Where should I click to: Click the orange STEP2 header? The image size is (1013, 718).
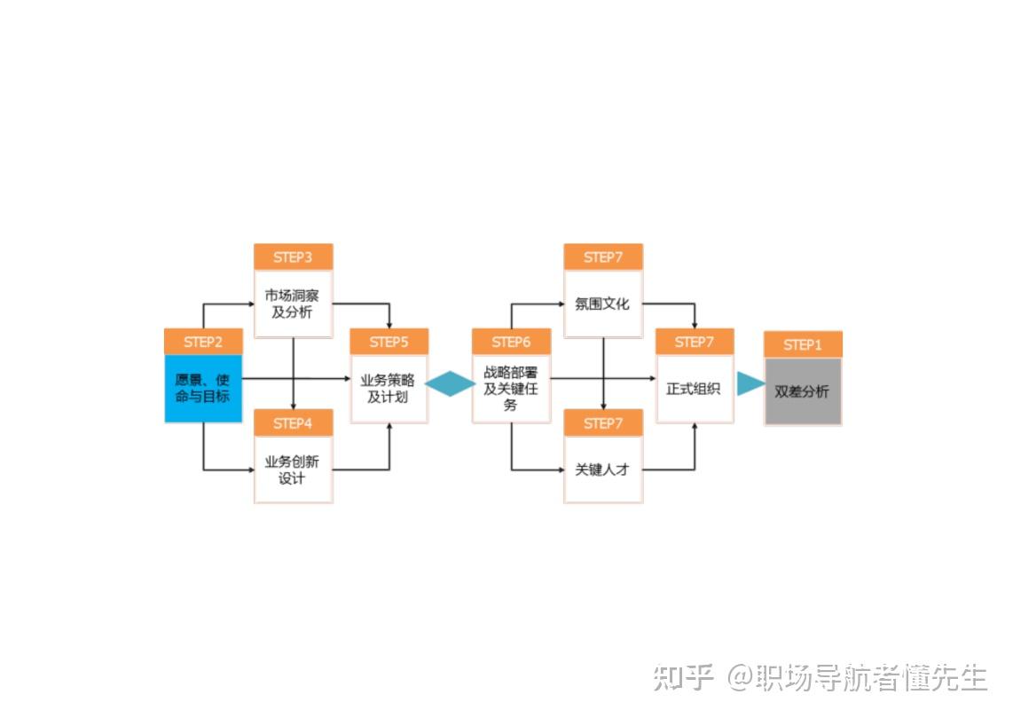pos(203,342)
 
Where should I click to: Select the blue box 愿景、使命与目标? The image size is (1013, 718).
pos(203,389)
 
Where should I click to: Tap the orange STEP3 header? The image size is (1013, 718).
pos(293,257)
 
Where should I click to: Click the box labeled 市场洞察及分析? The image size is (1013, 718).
pos(293,304)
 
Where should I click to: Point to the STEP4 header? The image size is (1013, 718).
pos(293,423)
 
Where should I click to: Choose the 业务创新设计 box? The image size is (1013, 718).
pos(293,469)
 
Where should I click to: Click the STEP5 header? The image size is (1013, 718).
pos(389,342)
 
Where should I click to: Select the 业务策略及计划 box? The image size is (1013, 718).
pos(389,389)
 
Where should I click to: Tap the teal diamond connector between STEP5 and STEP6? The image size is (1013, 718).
pos(451,383)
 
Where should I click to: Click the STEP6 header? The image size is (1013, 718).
pos(511,342)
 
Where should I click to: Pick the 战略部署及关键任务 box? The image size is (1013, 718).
pos(511,389)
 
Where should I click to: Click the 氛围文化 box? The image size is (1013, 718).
pos(603,304)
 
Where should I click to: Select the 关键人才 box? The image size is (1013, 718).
pos(603,469)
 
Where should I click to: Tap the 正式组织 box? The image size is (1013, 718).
pos(695,389)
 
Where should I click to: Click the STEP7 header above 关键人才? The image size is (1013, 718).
pos(603,423)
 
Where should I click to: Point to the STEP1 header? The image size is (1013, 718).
pos(803,344)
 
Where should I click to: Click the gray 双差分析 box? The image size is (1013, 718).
pos(803,391)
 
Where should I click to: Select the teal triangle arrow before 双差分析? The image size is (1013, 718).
pos(750,383)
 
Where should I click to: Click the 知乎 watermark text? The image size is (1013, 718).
pos(684,677)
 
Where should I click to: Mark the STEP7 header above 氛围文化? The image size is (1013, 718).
pos(603,257)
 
